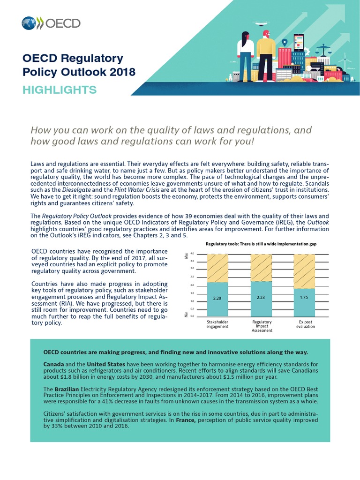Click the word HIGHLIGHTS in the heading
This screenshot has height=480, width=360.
pos(60,90)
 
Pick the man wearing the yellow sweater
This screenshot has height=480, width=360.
pos(266,52)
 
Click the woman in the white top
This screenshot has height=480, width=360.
pos(245,52)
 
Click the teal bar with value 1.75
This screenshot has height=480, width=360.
pos(304,302)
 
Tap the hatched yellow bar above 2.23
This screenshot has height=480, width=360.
pos(261,268)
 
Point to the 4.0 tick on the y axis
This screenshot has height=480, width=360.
pos(192,254)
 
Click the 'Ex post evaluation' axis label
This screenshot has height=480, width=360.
pos(305,324)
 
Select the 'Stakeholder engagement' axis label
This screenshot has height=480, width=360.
pos(217,324)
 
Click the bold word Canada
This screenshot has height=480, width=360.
pos(53,364)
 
